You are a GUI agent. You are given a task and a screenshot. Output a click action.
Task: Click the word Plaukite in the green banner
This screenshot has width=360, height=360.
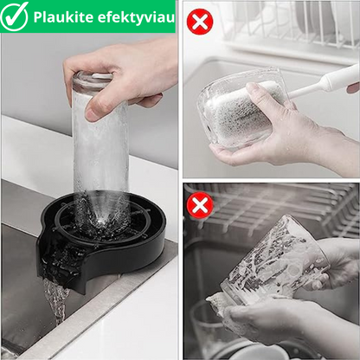coord(63,17)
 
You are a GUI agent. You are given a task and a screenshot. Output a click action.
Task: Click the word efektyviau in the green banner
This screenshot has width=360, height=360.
coord(136,17)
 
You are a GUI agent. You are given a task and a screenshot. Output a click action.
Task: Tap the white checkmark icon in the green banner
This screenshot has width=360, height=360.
coord(14,16)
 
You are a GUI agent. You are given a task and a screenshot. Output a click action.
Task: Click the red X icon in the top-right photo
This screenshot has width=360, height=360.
coord(200,22)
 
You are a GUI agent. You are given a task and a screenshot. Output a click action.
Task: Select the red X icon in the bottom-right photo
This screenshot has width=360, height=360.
coord(200,205)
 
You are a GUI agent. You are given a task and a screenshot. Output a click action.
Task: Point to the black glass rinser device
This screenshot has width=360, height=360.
coord(101,240)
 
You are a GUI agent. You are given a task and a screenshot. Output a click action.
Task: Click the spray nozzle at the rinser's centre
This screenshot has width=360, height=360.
coord(102,222)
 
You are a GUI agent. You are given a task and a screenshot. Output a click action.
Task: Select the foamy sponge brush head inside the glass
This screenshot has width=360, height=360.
coord(240,112)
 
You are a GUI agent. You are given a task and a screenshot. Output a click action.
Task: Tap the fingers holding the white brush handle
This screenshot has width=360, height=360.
coord(353,87)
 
